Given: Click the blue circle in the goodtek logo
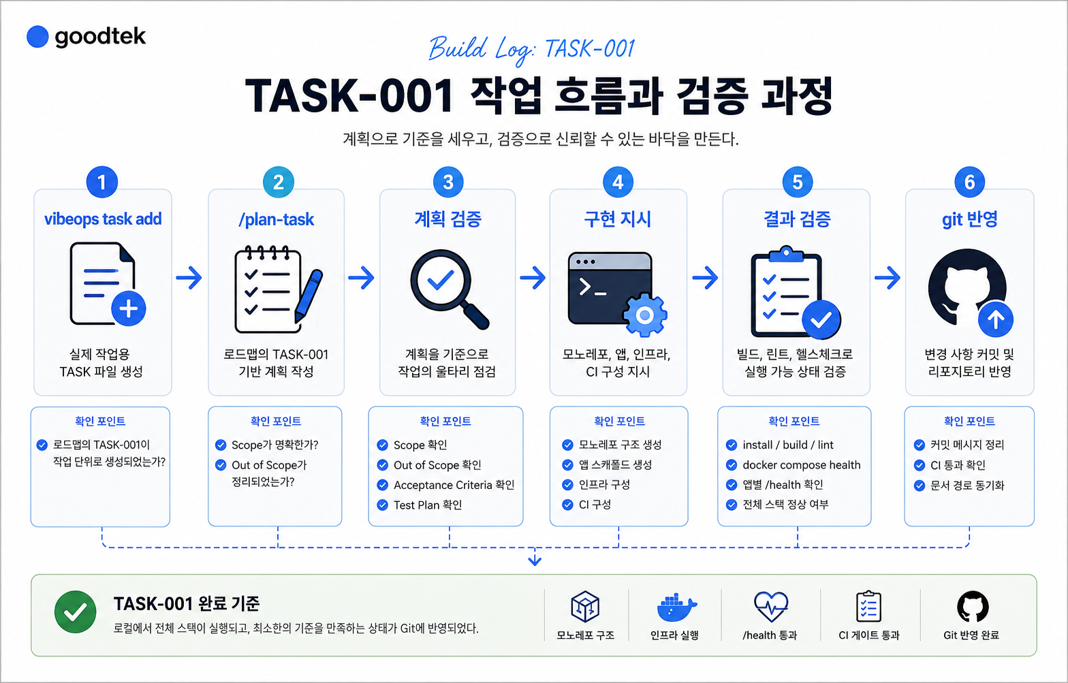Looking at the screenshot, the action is (37, 37).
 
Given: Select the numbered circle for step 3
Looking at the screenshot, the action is (448, 182).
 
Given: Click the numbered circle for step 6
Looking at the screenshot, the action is (969, 182).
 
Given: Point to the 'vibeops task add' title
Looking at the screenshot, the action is (103, 219).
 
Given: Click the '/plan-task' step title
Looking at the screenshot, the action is (276, 220).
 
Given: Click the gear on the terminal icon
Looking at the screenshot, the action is (644, 315).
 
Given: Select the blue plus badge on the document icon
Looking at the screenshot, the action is (129, 309).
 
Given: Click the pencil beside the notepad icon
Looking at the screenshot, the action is (309, 296).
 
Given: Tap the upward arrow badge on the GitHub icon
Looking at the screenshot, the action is (996, 319).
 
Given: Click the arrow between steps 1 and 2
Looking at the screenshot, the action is (189, 277).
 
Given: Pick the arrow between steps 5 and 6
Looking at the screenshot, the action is (888, 277).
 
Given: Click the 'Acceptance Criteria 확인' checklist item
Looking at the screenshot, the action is (454, 486).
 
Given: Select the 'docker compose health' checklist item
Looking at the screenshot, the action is (802, 464).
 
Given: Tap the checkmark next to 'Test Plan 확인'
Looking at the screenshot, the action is (382, 505).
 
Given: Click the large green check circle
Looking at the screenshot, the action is (76, 612).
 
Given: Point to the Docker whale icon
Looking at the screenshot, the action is (676, 607).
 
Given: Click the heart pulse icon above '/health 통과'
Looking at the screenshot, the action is (771, 607).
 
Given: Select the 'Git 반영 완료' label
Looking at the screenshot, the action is (971, 635).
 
